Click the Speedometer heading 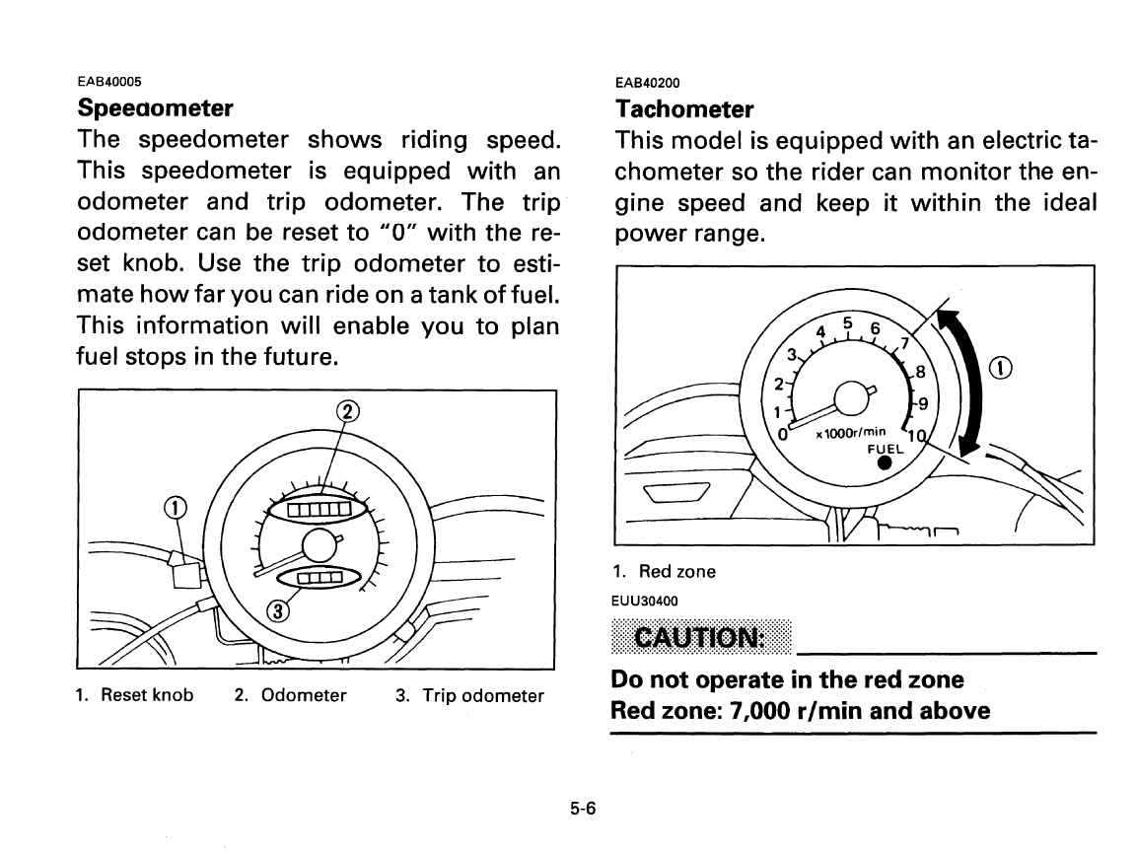coord(155,106)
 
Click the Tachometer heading coord(683,107)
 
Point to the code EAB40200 coord(647,83)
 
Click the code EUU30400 coord(645,599)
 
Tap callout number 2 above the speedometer coord(347,411)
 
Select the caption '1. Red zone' coord(664,572)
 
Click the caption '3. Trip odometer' coord(468,696)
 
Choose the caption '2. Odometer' coord(290,695)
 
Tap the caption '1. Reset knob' coord(134,695)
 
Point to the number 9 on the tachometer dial coord(922,402)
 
